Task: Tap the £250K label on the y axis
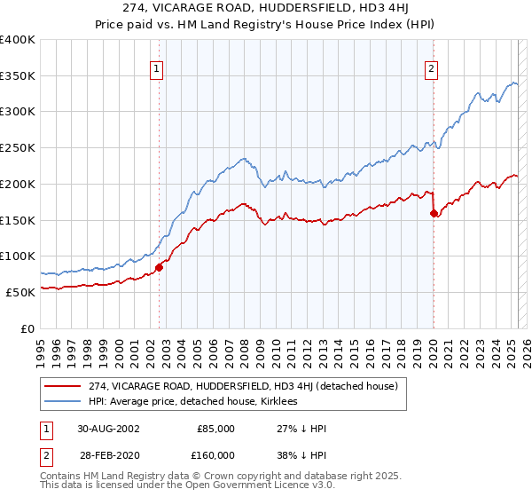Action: click(17, 147)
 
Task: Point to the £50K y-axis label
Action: click(20, 291)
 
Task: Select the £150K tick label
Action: click(17, 219)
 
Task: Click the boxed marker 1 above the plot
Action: click(156, 67)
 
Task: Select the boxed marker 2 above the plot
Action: click(431, 67)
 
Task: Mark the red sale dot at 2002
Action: click(160, 266)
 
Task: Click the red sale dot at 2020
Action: click(434, 213)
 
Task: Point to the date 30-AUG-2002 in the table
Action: click(108, 429)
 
